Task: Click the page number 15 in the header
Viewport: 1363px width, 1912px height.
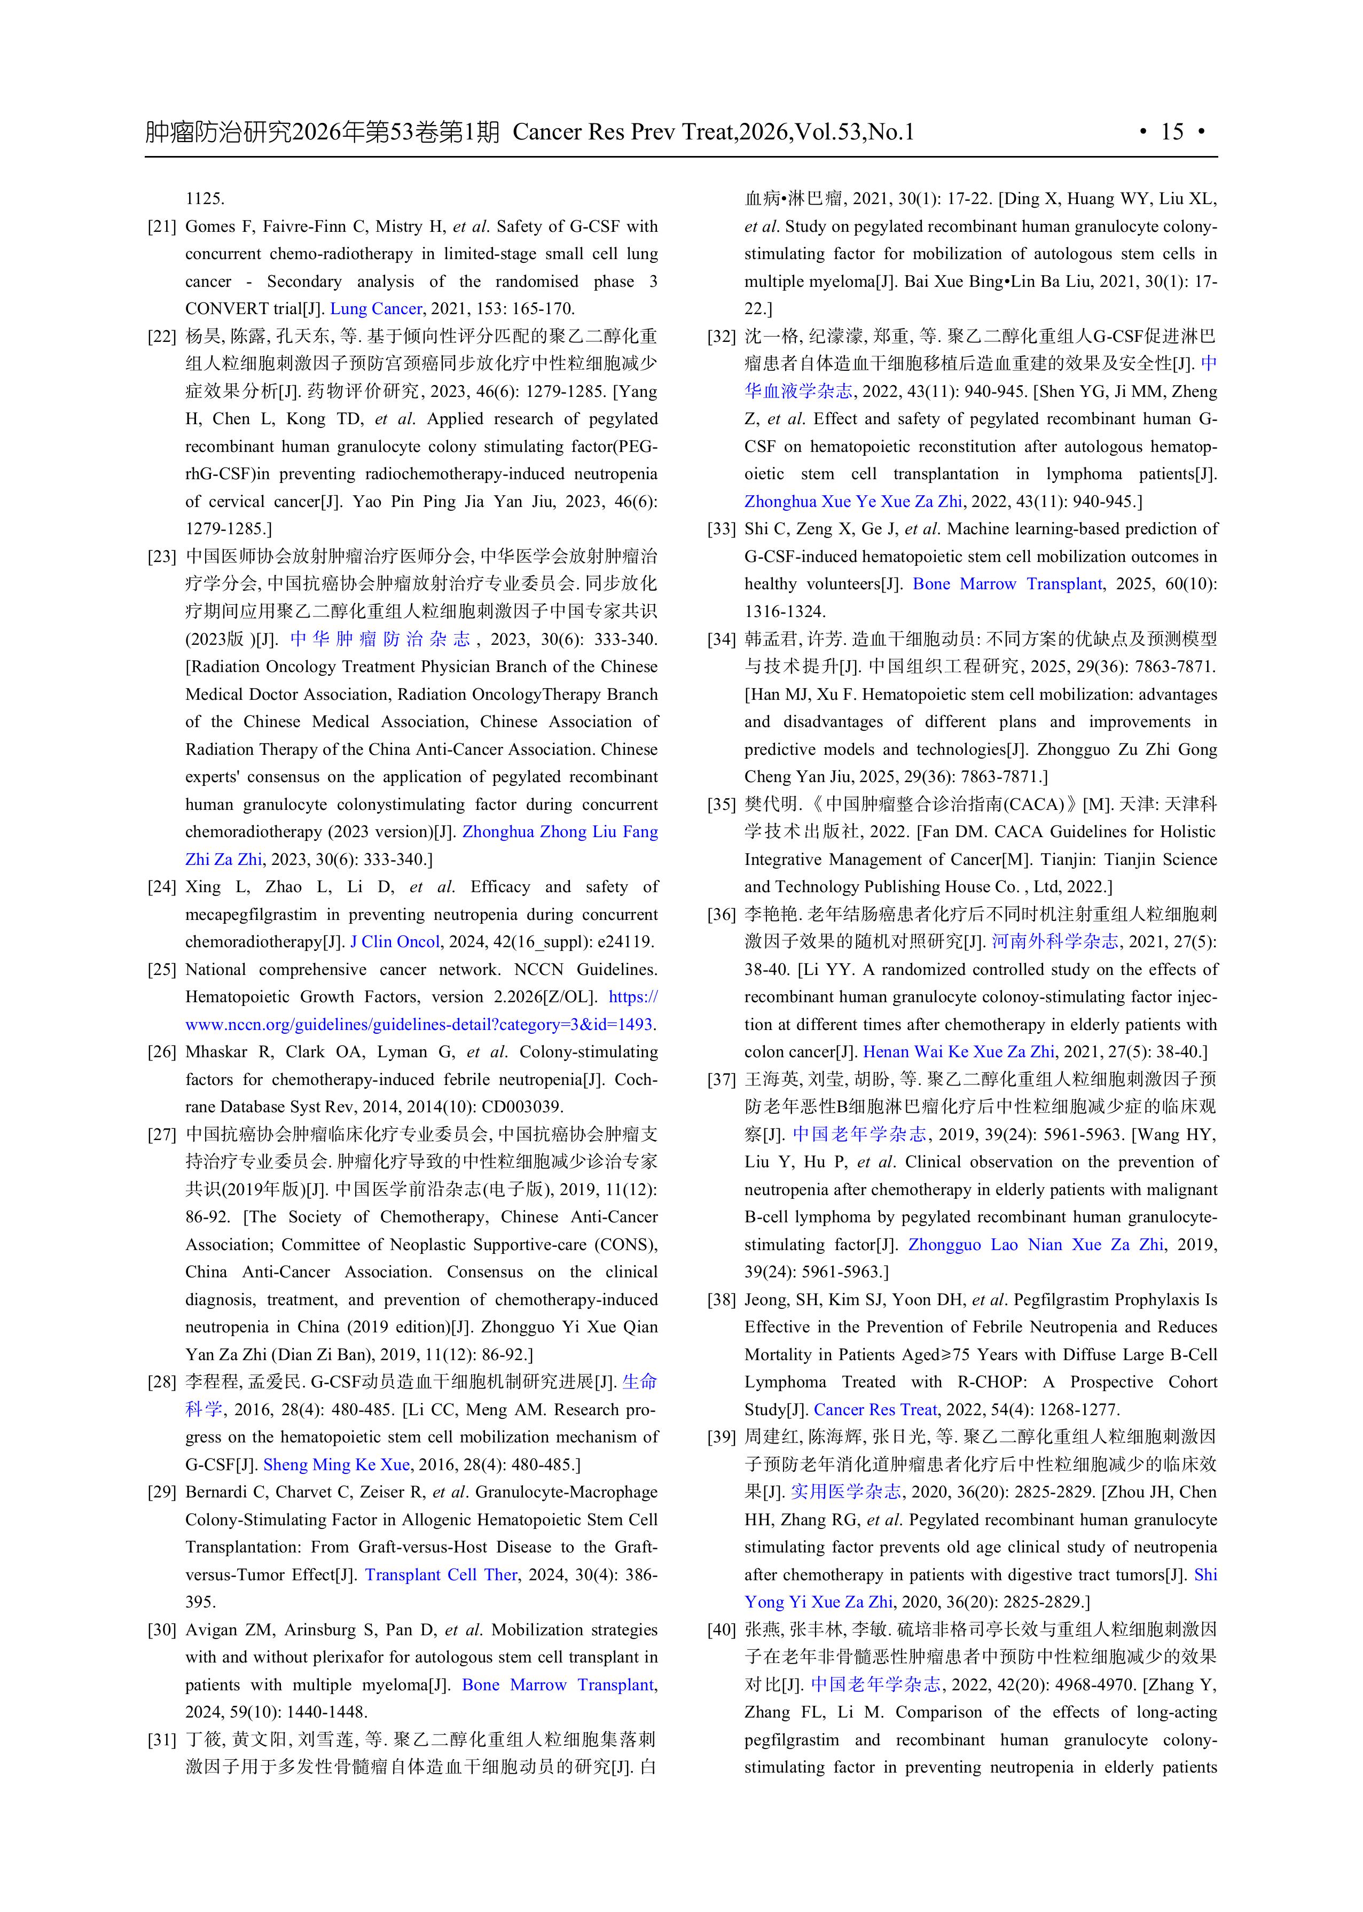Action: [1172, 132]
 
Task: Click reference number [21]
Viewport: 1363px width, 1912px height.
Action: [161, 227]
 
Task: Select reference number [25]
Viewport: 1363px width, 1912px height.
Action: [161, 970]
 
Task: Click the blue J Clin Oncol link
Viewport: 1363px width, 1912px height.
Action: [395, 942]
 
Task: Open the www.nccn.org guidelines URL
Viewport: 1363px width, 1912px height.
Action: [420, 1025]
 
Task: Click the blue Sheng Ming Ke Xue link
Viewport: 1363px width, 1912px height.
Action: [336, 1465]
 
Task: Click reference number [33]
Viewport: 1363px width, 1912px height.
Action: [721, 529]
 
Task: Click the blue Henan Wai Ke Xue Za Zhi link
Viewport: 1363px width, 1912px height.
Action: [959, 1052]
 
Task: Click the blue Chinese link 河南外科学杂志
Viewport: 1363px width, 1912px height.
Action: [1055, 942]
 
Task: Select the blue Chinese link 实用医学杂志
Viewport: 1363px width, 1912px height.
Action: [846, 1492]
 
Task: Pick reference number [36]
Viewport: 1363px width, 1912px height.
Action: [721, 915]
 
